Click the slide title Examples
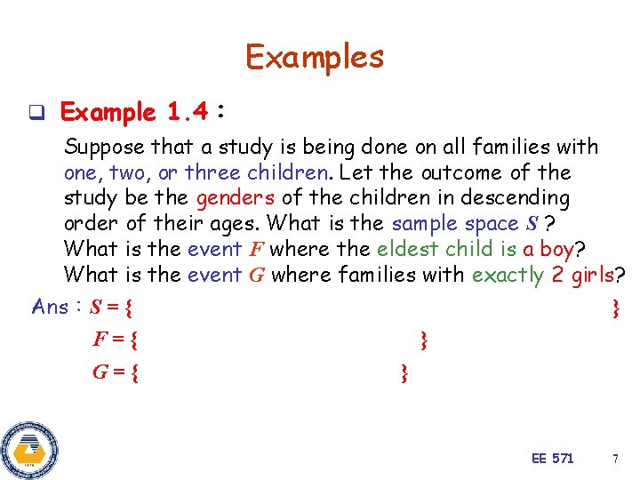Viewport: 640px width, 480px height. click(315, 57)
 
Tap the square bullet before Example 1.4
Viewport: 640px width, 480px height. click(36, 113)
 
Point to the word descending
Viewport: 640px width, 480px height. click(516, 197)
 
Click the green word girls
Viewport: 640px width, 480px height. click(595, 275)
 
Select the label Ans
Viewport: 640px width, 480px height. click(50, 308)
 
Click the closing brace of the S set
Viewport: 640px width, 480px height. click(615, 308)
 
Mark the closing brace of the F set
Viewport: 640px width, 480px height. click(424, 340)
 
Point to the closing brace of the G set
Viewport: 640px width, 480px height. click(404, 372)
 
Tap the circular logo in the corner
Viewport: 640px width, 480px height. click(29, 449)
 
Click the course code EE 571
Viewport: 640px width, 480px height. click(552, 459)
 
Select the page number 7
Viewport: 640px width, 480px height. click(614, 459)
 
